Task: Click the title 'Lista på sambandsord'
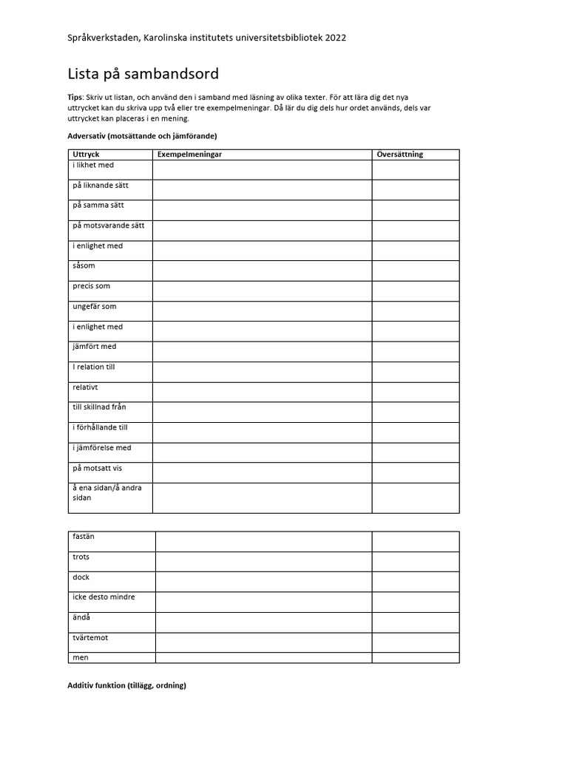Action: coord(143,74)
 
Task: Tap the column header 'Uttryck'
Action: coord(85,155)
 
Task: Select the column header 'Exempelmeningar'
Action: coord(190,155)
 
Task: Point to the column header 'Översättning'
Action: coord(399,155)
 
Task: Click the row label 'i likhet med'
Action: coord(93,165)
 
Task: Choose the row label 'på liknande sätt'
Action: coord(101,185)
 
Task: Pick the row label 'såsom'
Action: coord(84,265)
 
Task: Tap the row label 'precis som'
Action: coord(92,285)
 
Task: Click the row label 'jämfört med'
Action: coord(94,346)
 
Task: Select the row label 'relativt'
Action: coord(85,387)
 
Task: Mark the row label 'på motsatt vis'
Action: coord(98,467)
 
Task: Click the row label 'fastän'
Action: coord(84,537)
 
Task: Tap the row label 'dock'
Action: coord(81,577)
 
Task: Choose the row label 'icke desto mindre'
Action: coord(104,597)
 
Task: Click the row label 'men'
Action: coord(80,657)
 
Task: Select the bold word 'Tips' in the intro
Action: coord(75,98)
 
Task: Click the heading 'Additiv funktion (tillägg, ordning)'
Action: coord(126,685)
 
